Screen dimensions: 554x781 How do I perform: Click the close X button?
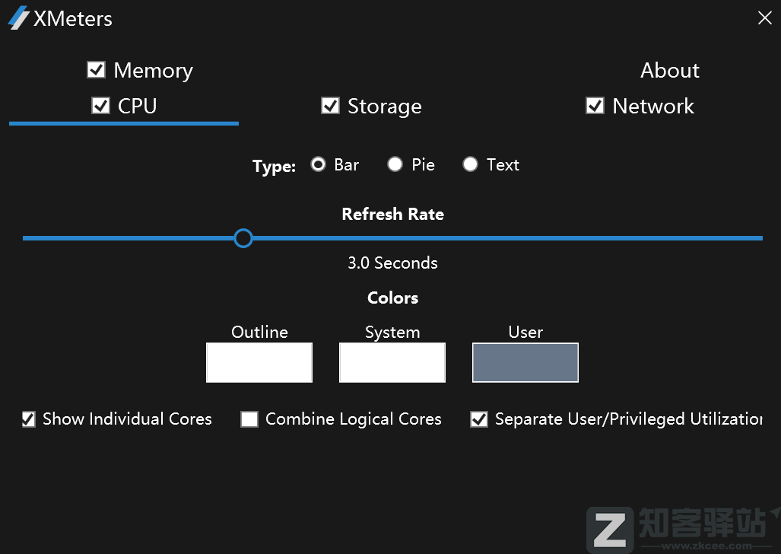point(764,18)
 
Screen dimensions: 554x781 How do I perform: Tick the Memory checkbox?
point(96,70)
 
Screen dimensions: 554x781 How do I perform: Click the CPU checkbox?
point(100,106)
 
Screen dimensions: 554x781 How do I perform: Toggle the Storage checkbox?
point(330,106)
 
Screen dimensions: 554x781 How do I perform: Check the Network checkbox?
point(595,106)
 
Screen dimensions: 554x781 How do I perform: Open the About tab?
point(669,70)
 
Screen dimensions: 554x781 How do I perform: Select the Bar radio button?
point(318,164)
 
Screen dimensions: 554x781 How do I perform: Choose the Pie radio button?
point(395,164)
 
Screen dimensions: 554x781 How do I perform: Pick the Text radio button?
point(470,164)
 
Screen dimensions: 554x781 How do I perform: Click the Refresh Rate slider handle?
point(243,238)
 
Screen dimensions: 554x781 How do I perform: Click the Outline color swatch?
point(259,363)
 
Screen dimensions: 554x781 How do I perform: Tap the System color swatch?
point(392,363)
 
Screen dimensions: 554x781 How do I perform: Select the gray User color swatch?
point(525,363)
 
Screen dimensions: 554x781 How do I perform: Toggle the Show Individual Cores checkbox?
point(29,419)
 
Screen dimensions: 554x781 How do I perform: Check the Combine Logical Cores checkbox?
point(249,419)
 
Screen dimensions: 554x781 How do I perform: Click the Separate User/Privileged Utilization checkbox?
point(479,419)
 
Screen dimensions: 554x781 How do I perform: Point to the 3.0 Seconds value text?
point(392,263)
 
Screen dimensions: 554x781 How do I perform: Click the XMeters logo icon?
point(18,18)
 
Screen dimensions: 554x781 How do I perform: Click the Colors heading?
point(392,298)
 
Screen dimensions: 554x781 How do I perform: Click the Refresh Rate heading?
point(392,215)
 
